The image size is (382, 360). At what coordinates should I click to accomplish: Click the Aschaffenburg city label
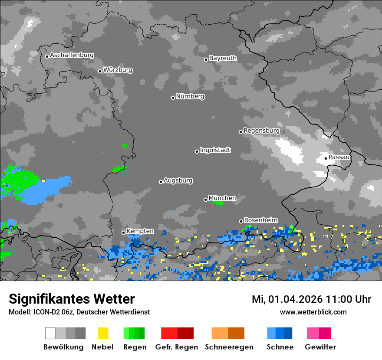(x=72, y=56)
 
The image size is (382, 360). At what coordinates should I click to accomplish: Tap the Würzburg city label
(x=118, y=70)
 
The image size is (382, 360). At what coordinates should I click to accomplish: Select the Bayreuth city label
(x=223, y=58)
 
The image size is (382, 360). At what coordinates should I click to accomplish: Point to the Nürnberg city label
(x=190, y=97)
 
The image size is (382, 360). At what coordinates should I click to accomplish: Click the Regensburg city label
(x=261, y=131)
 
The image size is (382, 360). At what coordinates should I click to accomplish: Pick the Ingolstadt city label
(x=215, y=151)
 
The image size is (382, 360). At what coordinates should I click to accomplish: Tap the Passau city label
(x=339, y=157)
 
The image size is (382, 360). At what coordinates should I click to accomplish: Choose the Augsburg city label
(x=178, y=181)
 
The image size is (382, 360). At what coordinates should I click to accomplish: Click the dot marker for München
(x=206, y=200)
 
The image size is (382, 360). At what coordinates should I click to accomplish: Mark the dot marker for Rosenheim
(x=241, y=221)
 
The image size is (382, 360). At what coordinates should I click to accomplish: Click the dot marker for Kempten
(x=124, y=232)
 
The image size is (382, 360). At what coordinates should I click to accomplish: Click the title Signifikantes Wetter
(x=72, y=299)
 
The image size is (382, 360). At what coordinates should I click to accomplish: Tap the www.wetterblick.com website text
(x=313, y=312)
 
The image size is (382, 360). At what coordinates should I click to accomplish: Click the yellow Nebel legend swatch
(x=103, y=333)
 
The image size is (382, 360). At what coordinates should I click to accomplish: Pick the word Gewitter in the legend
(x=320, y=347)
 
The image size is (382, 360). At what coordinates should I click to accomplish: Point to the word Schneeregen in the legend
(x=229, y=347)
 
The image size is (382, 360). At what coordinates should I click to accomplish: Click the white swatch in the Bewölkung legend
(x=50, y=333)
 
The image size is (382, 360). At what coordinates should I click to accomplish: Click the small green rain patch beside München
(x=218, y=203)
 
